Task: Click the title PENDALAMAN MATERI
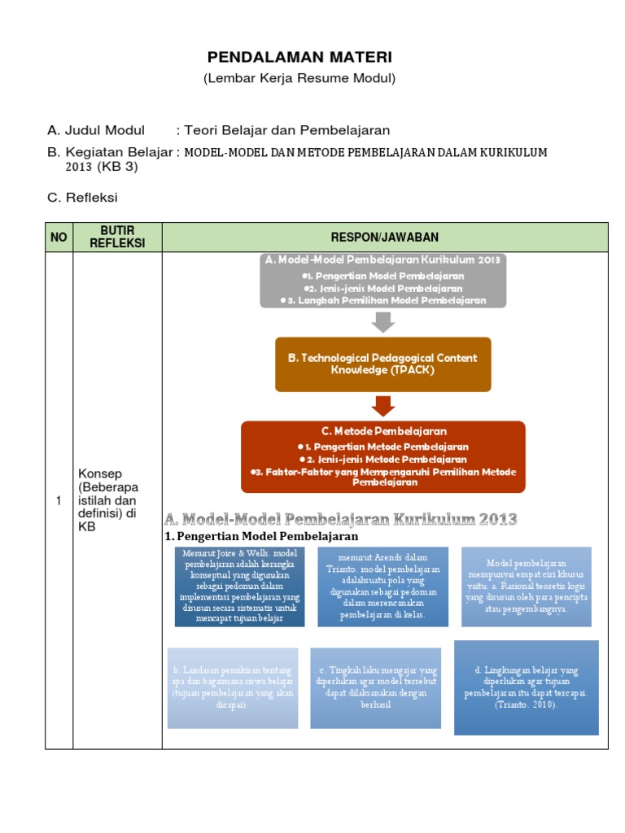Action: (x=299, y=57)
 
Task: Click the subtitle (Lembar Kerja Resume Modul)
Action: (x=299, y=78)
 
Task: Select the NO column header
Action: (x=59, y=237)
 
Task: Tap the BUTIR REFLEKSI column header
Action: (x=117, y=237)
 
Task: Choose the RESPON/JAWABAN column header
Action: (x=384, y=237)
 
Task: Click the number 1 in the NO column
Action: (x=59, y=501)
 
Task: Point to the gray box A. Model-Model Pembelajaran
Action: (x=383, y=280)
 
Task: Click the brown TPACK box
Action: (x=383, y=364)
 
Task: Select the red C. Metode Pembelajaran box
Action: (x=383, y=456)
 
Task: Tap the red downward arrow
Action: (x=382, y=405)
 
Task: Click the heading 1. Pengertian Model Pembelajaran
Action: (x=261, y=537)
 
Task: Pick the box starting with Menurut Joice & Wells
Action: (x=240, y=586)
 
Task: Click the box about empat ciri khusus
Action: (x=527, y=586)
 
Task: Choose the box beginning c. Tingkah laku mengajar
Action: (x=377, y=687)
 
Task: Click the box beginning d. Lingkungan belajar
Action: (x=526, y=687)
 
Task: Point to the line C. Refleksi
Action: (x=83, y=197)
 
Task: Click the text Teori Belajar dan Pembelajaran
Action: (x=287, y=130)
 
